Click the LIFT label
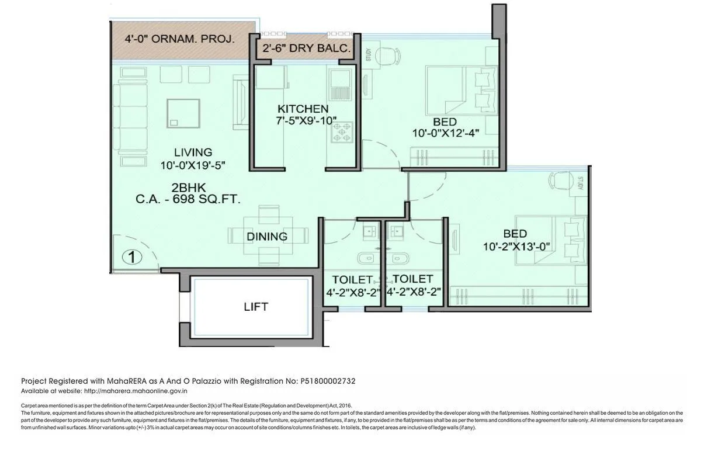[256, 306]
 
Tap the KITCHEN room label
[303, 109]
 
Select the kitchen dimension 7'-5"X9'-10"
[307, 121]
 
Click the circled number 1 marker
[132, 256]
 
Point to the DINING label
[266, 237]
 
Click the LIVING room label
[193, 153]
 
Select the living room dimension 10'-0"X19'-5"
[193, 165]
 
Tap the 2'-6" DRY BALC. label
[306, 49]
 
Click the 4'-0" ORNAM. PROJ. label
[180, 40]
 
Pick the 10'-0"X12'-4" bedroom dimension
[446, 133]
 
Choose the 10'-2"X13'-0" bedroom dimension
[515, 247]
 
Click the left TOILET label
[352, 280]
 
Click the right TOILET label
[412, 279]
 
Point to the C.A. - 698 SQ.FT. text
[188, 199]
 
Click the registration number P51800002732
[328, 381]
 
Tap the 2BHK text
[186, 188]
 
